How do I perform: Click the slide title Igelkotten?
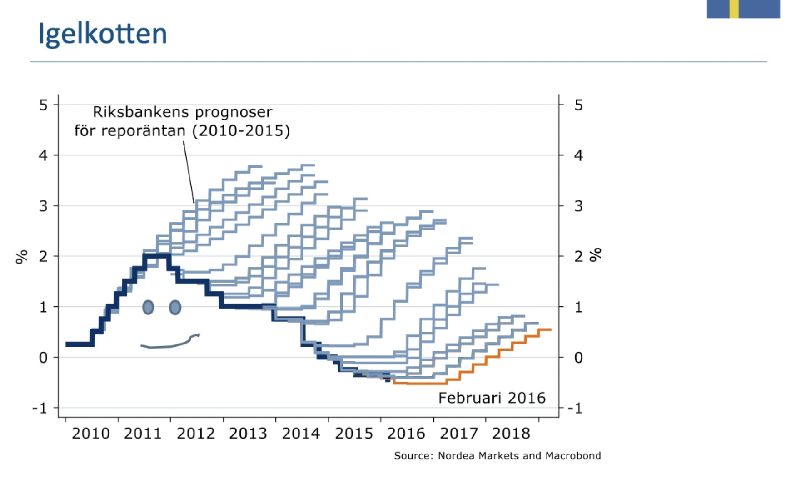click(x=103, y=34)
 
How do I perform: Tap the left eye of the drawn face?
click(x=148, y=307)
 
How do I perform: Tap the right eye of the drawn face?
click(x=175, y=308)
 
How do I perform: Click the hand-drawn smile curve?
click(x=168, y=344)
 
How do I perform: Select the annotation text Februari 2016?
click(x=492, y=398)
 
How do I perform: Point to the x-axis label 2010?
click(x=90, y=434)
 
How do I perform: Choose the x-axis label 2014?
click(x=301, y=434)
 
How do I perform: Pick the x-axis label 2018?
click(x=511, y=434)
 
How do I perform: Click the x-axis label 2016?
click(x=406, y=434)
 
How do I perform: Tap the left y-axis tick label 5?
click(x=43, y=105)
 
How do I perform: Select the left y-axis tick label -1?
click(x=40, y=408)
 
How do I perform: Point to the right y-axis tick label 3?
click(x=578, y=206)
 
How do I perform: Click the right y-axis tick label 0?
click(x=578, y=358)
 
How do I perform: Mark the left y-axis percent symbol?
click(x=21, y=257)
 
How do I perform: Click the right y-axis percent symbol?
click(x=595, y=255)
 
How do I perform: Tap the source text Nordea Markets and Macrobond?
click(x=519, y=456)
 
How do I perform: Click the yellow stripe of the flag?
click(x=734, y=9)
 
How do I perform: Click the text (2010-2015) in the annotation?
click(x=241, y=131)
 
